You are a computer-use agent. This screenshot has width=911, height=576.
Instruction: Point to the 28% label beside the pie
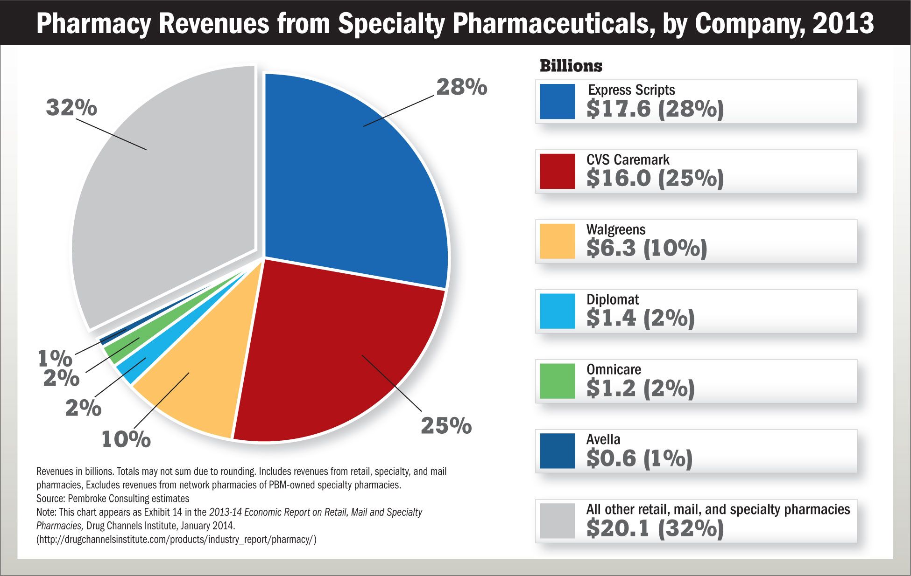click(x=461, y=87)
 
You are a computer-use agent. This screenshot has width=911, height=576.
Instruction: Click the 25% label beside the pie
click(x=446, y=426)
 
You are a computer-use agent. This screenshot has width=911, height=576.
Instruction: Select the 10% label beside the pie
click(x=126, y=439)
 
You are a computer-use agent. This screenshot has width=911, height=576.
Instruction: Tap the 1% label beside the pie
click(x=55, y=358)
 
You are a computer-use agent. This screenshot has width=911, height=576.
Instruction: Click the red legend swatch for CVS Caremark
click(x=557, y=171)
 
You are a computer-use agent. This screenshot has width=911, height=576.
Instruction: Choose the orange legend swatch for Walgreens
click(x=557, y=241)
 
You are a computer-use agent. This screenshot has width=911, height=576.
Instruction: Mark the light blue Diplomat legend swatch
click(x=557, y=311)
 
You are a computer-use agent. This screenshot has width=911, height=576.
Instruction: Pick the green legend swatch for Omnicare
click(x=557, y=381)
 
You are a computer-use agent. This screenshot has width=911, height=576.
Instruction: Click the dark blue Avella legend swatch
click(x=557, y=451)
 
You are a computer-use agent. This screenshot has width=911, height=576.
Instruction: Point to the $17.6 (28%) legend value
click(x=655, y=109)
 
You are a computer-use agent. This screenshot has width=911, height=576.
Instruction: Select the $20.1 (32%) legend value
click(x=655, y=528)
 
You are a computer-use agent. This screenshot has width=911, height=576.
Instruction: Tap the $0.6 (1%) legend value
click(x=639, y=458)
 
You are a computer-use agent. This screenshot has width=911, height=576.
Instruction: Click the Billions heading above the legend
click(x=571, y=66)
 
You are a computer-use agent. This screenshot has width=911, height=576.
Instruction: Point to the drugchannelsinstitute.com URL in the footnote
click(x=177, y=540)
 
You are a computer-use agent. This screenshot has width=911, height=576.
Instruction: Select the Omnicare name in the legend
click(x=614, y=369)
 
